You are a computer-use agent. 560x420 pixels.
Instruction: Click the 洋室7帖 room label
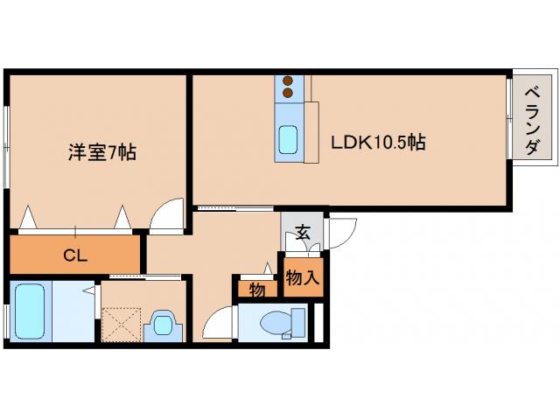click(102, 152)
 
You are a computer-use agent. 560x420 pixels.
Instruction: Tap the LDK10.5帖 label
click(377, 142)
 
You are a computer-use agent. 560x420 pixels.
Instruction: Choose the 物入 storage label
click(302, 278)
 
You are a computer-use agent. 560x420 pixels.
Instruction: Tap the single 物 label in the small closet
click(256, 289)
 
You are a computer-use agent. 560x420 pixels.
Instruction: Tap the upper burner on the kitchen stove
click(287, 81)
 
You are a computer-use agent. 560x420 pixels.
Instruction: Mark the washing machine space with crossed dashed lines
click(122, 324)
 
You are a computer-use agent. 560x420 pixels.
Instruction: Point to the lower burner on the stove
click(287, 92)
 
